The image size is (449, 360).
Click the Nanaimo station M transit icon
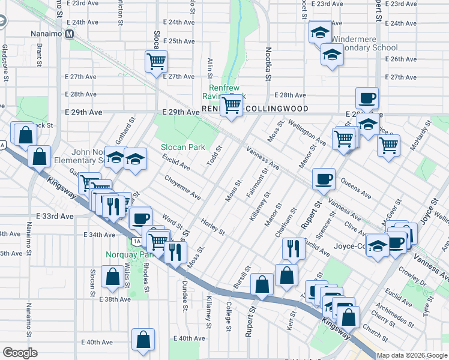[x=70, y=34]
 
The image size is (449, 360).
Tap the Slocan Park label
[x=183, y=147]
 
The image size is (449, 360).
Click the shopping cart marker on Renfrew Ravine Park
[x=231, y=106]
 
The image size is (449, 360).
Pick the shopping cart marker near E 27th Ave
[x=156, y=61]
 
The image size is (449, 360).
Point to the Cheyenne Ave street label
[x=182, y=187]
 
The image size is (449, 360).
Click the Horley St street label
[x=213, y=227]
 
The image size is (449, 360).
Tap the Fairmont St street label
[x=256, y=185]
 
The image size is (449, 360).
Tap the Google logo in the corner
[x=20, y=352]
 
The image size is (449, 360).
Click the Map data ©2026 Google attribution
[x=412, y=355]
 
